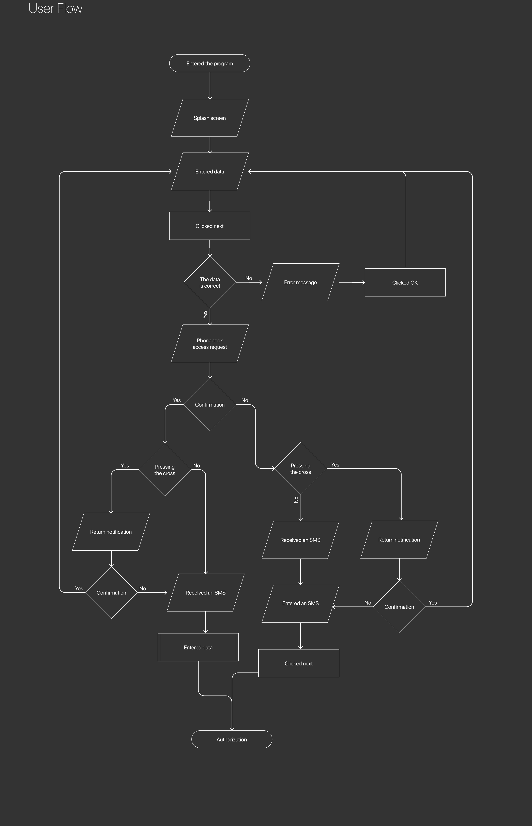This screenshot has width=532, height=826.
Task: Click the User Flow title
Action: [x=55, y=8]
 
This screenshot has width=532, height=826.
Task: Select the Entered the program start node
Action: [x=210, y=63]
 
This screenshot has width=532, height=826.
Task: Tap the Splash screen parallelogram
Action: [x=210, y=118]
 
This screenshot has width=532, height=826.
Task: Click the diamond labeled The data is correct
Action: [x=210, y=282]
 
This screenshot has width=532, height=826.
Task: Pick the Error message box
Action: [x=301, y=282]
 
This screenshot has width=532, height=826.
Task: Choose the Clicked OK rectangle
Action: [x=405, y=282]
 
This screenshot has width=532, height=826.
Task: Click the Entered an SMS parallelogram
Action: [x=301, y=603]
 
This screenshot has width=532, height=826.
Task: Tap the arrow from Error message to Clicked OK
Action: [x=352, y=282]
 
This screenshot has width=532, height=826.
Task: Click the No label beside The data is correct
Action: [x=249, y=278]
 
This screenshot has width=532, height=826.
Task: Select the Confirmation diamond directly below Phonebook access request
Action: [x=210, y=404]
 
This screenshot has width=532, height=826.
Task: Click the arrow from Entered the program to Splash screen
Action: [x=210, y=86]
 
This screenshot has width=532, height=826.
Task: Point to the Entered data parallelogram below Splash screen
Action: [x=210, y=171]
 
